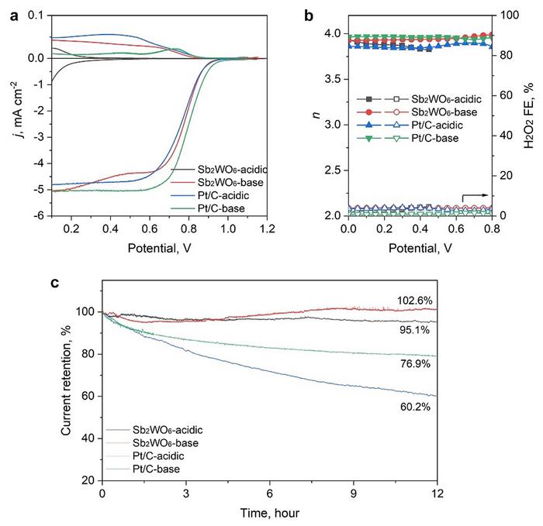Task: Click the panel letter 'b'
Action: (310, 9)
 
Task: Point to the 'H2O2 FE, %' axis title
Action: (531, 115)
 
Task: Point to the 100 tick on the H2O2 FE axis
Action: (506, 15)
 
